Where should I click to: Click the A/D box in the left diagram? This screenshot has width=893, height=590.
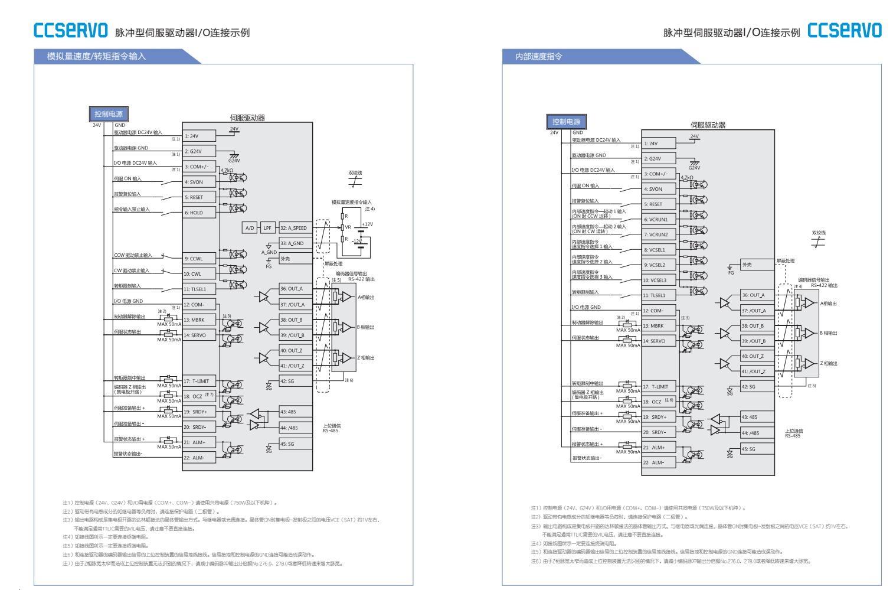click(250, 228)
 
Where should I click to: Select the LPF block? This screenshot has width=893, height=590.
click(267, 228)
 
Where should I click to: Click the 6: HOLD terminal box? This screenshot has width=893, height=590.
click(199, 213)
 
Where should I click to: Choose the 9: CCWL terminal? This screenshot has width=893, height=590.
click(199, 259)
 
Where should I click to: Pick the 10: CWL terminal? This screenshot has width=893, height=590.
click(199, 274)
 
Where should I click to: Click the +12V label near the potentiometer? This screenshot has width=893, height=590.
click(367, 224)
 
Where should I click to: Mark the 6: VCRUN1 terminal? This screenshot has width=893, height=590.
click(659, 220)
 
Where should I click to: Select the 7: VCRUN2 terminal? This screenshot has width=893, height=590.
click(659, 235)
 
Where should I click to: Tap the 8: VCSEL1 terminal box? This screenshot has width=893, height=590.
click(659, 250)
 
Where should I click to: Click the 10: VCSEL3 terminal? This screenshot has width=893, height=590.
click(659, 281)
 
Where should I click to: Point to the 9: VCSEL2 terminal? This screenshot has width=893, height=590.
click(659, 265)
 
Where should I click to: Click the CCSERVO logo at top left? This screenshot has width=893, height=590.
click(71, 31)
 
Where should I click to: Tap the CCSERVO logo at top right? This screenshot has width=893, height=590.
click(844, 31)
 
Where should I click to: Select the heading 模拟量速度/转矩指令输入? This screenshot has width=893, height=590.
click(96, 56)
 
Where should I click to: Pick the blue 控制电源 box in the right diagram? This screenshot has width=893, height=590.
click(566, 122)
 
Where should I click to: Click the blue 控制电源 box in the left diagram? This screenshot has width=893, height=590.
click(109, 114)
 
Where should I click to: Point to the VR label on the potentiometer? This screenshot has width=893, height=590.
click(348, 227)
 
